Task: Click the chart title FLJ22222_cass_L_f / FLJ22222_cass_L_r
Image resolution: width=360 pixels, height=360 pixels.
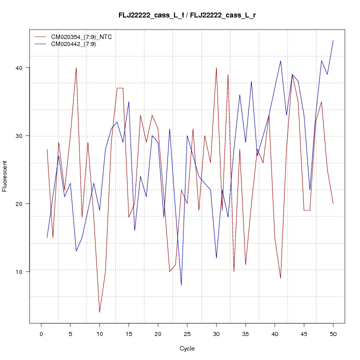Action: pyautogui.click(x=187, y=15)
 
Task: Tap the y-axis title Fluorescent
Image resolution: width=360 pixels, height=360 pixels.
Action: pyautogui.click(x=5, y=176)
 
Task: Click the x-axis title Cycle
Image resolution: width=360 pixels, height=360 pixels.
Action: pyautogui.click(x=186, y=348)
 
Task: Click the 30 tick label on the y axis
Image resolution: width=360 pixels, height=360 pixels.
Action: pyautogui.click(x=20, y=135)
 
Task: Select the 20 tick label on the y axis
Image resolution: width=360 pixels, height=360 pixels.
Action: pyautogui.click(x=20, y=203)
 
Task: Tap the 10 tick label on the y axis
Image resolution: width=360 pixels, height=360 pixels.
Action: pyautogui.click(x=20, y=271)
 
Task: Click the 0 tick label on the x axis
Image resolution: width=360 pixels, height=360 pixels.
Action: pyautogui.click(x=41, y=333)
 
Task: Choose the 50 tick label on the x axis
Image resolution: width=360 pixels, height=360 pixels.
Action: pyautogui.click(x=333, y=333)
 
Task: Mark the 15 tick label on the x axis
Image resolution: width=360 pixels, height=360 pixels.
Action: pyautogui.click(x=128, y=333)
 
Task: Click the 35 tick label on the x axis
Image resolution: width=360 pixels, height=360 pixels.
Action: pyautogui.click(x=245, y=333)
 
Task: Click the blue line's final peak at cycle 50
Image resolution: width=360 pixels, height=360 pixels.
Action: pyautogui.click(x=333, y=40)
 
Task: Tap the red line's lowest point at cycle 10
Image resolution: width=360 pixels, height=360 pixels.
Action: pyautogui.click(x=99, y=312)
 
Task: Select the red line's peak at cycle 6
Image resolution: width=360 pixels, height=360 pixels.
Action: pyautogui.click(x=76, y=67)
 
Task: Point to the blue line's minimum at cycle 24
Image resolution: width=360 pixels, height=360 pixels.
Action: pyautogui.click(x=181, y=285)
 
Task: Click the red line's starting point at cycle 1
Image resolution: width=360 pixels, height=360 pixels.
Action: pyautogui.click(x=47, y=149)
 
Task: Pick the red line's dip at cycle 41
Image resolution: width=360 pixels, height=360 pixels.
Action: pyautogui.click(x=280, y=278)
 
